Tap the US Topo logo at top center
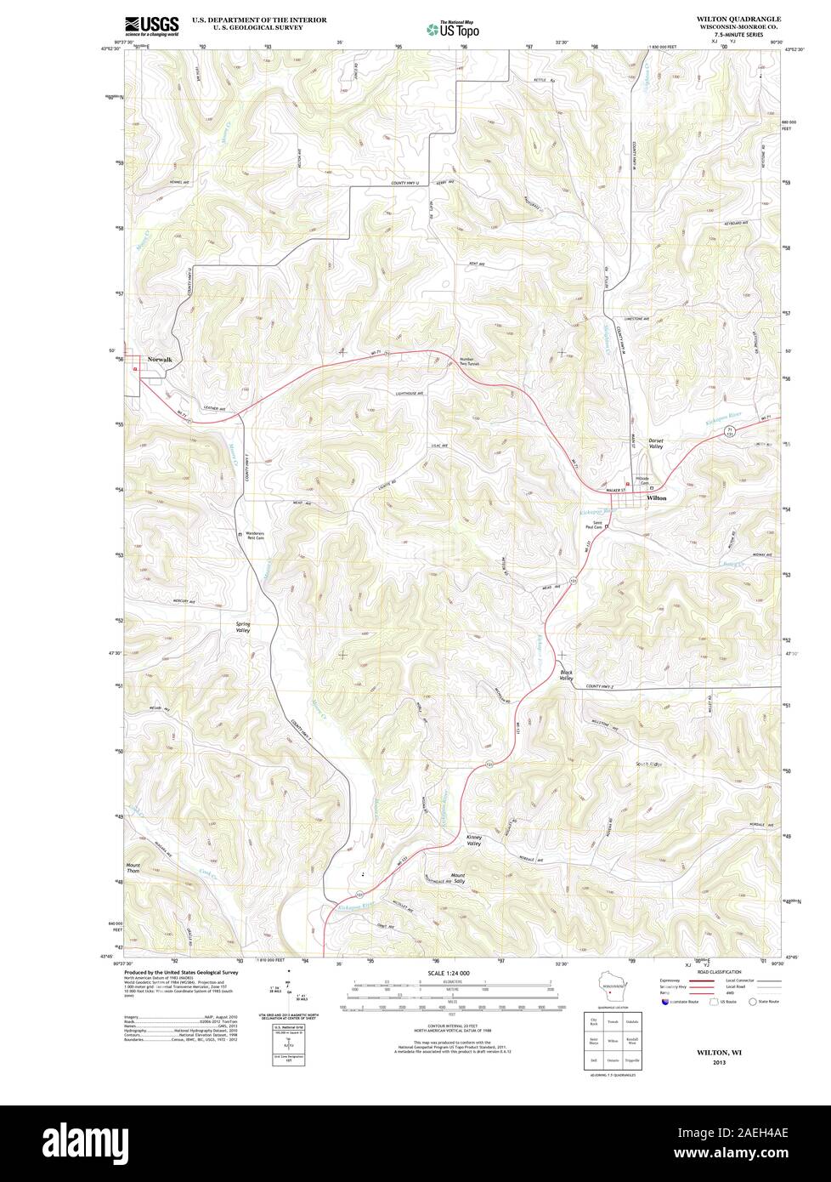[x=453, y=28]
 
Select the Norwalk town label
[x=160, y=360]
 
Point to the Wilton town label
[x=656, y=497]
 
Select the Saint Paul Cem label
[x=592, y=526]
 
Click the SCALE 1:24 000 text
[x=449, y=971]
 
